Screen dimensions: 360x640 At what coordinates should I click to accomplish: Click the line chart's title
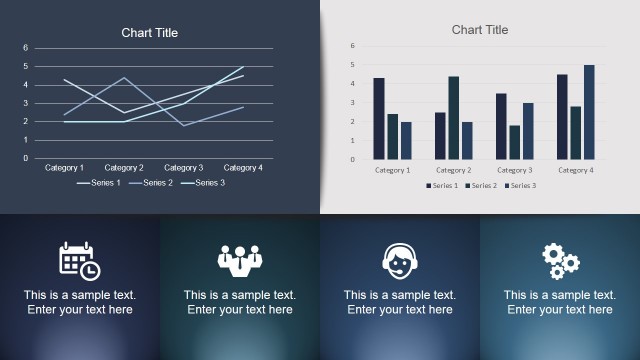[150, 33]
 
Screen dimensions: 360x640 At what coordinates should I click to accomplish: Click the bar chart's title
[480, 30]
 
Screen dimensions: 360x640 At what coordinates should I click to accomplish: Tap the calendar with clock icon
[79, 260]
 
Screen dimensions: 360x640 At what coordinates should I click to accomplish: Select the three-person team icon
[239, 260]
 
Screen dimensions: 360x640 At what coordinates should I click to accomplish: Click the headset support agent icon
[399, 260]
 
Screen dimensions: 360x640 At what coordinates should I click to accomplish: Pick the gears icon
[560, 261]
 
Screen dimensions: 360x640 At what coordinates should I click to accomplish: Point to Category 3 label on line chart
[184, 168]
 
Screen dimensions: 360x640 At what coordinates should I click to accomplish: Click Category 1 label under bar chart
[392, 170]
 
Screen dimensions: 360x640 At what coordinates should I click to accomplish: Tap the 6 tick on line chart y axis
[26, 48]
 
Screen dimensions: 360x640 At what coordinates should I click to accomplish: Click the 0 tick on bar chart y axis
[353, 159]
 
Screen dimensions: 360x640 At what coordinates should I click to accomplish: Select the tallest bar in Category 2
[453, 118]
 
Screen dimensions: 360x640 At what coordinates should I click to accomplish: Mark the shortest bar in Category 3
[514, 142]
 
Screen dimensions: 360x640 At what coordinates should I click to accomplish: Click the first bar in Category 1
[379, 119]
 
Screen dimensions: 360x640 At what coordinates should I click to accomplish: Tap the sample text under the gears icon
[559, 303]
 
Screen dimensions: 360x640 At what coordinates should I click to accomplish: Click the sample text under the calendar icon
[80, 303]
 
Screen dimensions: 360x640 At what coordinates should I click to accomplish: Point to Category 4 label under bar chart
[575, 170]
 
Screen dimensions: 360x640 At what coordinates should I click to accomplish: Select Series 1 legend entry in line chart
[99, 183]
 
